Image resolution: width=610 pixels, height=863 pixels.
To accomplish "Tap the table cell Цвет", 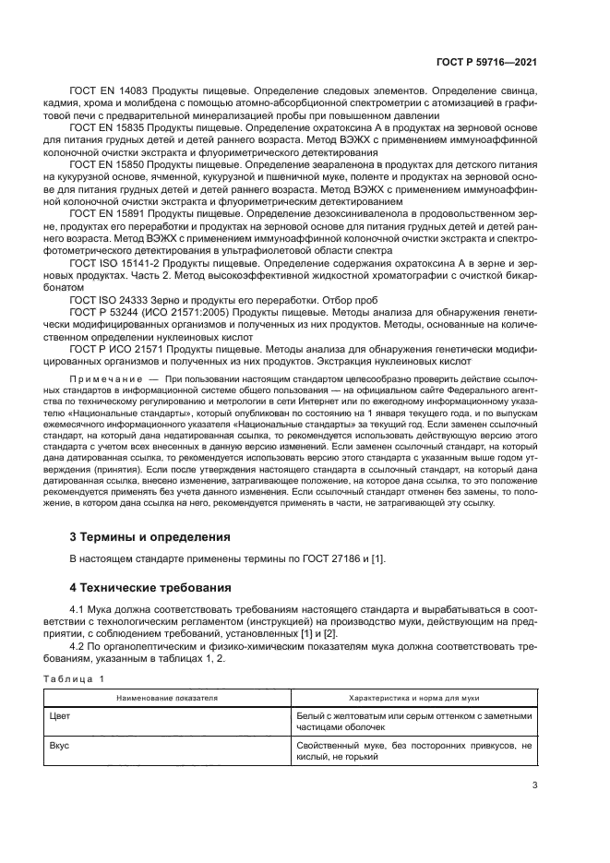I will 60,715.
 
